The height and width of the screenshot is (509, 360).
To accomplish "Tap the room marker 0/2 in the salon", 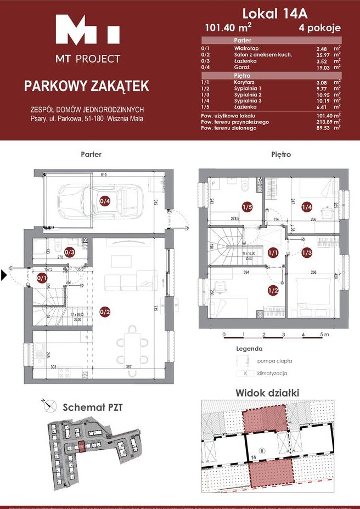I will tap(105, 312).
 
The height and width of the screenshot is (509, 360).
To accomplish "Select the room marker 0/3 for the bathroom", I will tap(70, 252).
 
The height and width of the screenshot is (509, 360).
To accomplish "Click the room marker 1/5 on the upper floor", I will tap(247, 207).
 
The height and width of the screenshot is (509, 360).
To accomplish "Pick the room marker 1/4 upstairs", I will tap(306, 207).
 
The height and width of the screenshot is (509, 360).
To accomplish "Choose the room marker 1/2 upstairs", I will tap(272, 290).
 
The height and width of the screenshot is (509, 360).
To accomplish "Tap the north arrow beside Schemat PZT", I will tap(50, 406).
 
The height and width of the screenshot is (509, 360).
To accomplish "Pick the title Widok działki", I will tap(267, 393).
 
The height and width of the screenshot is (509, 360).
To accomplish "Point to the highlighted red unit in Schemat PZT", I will tap(81, 448).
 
